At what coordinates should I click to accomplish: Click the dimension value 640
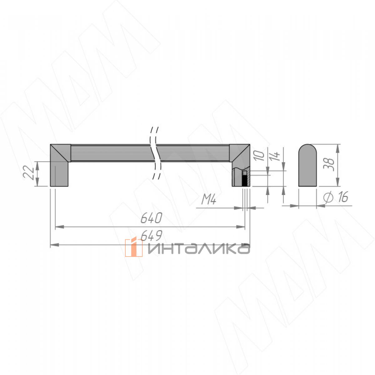click(x=151, y=218)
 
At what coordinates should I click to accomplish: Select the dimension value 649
click(x=151, y=236)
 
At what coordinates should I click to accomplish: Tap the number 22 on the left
click(x=28, y=172)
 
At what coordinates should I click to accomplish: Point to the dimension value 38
click(x=328, y=165)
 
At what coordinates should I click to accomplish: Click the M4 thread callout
click(x=209, y=199)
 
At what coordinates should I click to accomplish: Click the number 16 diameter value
click(x=343, y=197)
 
